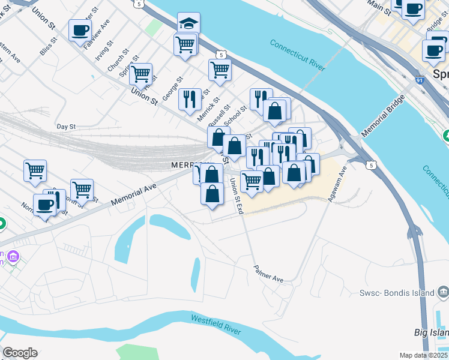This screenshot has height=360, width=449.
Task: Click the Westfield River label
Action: click(216, 325)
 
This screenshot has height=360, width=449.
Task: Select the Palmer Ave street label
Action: click(268, 274)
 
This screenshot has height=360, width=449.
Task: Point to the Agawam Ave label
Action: click(336, 185)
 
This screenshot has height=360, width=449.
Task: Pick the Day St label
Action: click(66, 127)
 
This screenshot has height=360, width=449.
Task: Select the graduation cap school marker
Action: click(188, 23)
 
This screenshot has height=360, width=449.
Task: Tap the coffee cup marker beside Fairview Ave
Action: click(80, 30)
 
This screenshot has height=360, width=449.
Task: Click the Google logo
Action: click(20, 352)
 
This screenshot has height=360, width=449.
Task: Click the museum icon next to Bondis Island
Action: click(443, 292)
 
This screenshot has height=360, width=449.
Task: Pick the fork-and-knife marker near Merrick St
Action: click(190, 99)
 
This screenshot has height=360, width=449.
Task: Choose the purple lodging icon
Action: click(13, 257)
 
